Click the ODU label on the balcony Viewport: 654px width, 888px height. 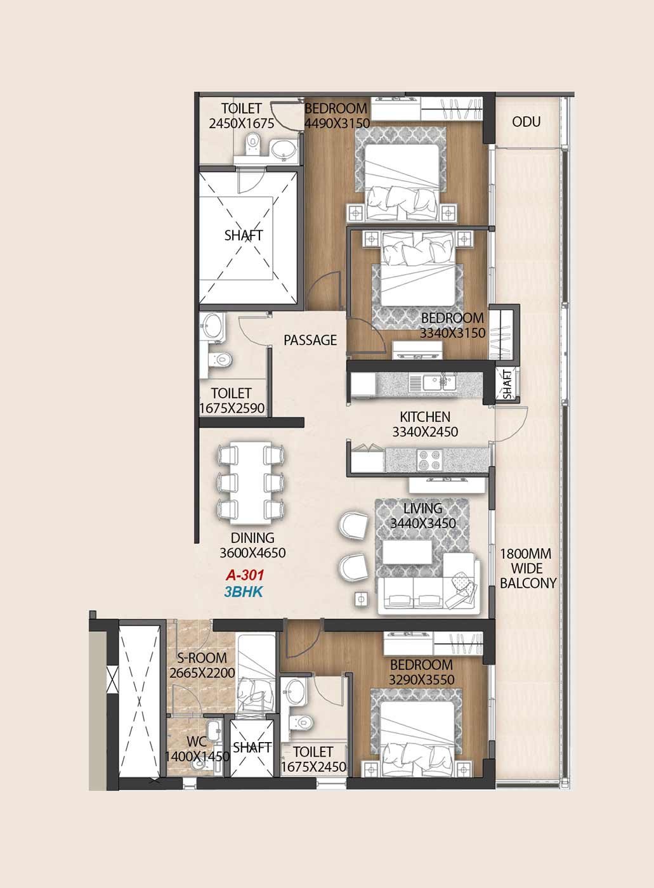point(526,122)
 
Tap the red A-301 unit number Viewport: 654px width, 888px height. point(245,575)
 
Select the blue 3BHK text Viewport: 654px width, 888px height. point(244,592)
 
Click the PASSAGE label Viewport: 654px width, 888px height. point(310,340)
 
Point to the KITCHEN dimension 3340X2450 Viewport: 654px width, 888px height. point(425,432)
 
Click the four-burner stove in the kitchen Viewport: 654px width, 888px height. point(429,459)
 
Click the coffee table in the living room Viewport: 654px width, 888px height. point(407,552)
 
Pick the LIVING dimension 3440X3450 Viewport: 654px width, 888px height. point(423,523)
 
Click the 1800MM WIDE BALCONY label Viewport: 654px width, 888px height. point(528,568)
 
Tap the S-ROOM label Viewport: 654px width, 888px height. point(202,658)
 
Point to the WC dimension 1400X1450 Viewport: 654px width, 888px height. point(197,756)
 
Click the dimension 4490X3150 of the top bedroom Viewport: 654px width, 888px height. point(337,123)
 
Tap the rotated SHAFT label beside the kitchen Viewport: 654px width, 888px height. point(507,384)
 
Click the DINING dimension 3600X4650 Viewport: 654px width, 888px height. point(252,552)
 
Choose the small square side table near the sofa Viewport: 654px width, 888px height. point(361,599)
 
